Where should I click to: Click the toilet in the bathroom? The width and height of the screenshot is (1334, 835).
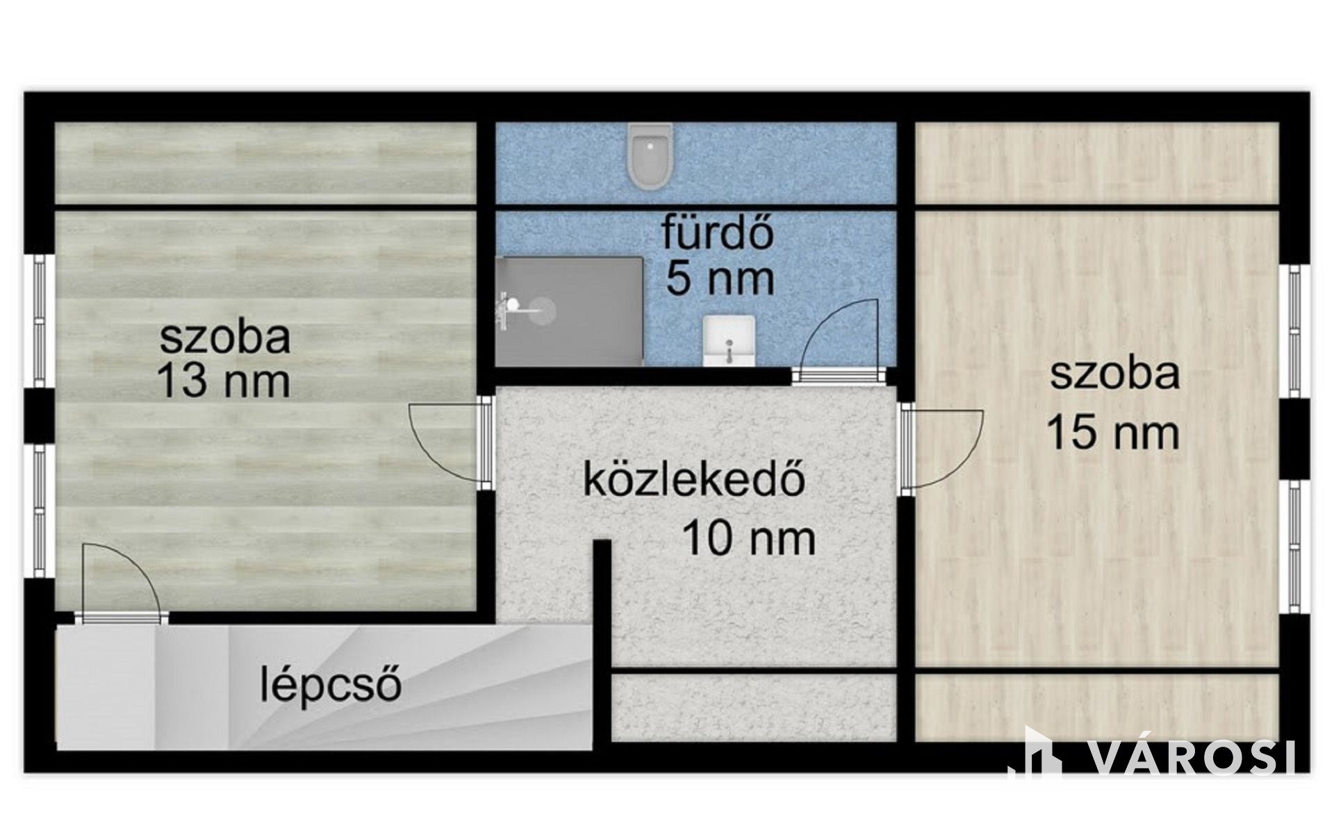pyautogui.click(x=650, y=156)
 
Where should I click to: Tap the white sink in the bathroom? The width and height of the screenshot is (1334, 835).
pyautogui.click(x=729, y=340)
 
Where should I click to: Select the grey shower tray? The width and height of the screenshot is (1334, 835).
pyautogui.click(x=570, y=311)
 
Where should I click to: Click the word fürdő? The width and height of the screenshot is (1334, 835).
pyautogui.click(x=718, y=233)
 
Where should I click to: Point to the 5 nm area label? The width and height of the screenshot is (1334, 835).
pyautogui.click(x=720, y=278)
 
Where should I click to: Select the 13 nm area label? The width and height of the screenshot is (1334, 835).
pyautogui.click(x=224, y=381)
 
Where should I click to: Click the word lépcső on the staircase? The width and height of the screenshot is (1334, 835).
pyautogui.click(x=331, y=684)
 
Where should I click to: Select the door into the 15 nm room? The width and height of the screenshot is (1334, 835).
pyautogui.click(x=941, y=448)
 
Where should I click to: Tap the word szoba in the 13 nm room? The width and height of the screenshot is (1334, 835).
pyautogui.click(x=225, y=337)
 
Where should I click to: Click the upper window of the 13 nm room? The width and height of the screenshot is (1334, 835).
pyautogui.click(x=40, y=322)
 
